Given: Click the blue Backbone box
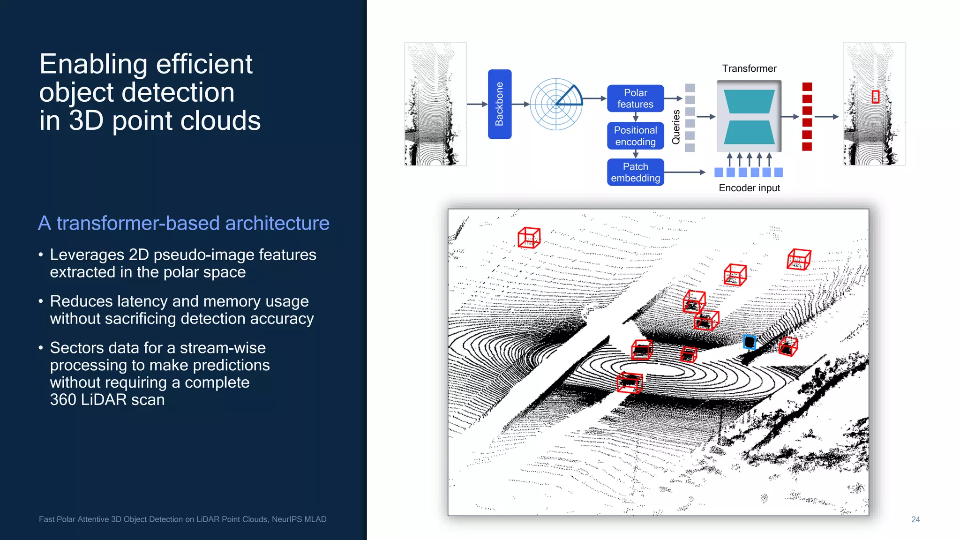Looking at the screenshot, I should pyautogui.click(x=499, y=104).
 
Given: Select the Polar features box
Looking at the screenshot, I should pyautogui.click(x=635, y=98).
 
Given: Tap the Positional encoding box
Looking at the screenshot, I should pyautogui.click(x=635, y=136).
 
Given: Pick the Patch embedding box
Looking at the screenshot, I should pyautogui.click(x=635, y=172).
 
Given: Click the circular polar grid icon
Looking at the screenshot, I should pyautogui.click(x=556, y=104).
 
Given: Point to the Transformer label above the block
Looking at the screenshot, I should pyautogui.click(x=749, y=68).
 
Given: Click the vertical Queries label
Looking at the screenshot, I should pyautogui.click(x=676, y=127).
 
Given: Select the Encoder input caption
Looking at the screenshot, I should pyautogui.click(x=749, y=188).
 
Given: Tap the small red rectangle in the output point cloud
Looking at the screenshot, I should pyautogui.click(x=875, y=97).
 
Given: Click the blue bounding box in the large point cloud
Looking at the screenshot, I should pyautogui.click(x=749, y=342).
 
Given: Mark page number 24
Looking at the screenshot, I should pyautogui.click(x=915, y=519).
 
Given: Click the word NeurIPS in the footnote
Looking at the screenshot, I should pyautogui.click(x=286, y=519).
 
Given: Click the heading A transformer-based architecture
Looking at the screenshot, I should pyautogui.click(x=183, y=223).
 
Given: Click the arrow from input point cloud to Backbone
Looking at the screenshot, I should pyautogui.click(x=477, y=104).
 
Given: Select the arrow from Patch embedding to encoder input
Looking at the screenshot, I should pyautogui.click(x=684, y=172).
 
